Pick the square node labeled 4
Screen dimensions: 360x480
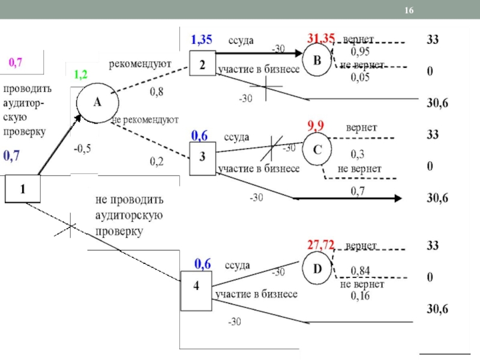(x=196, y=286)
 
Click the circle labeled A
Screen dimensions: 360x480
(x=95, y=102)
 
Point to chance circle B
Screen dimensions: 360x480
(x=317, y=59)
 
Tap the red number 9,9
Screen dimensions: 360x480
(x=316, y=127)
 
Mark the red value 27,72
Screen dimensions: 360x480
(x=321, y=245)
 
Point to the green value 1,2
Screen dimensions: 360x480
(x=80, y=75)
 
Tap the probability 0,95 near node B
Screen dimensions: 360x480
(x=360, y=50)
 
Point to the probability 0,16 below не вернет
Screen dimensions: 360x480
(x=360, y=296)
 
